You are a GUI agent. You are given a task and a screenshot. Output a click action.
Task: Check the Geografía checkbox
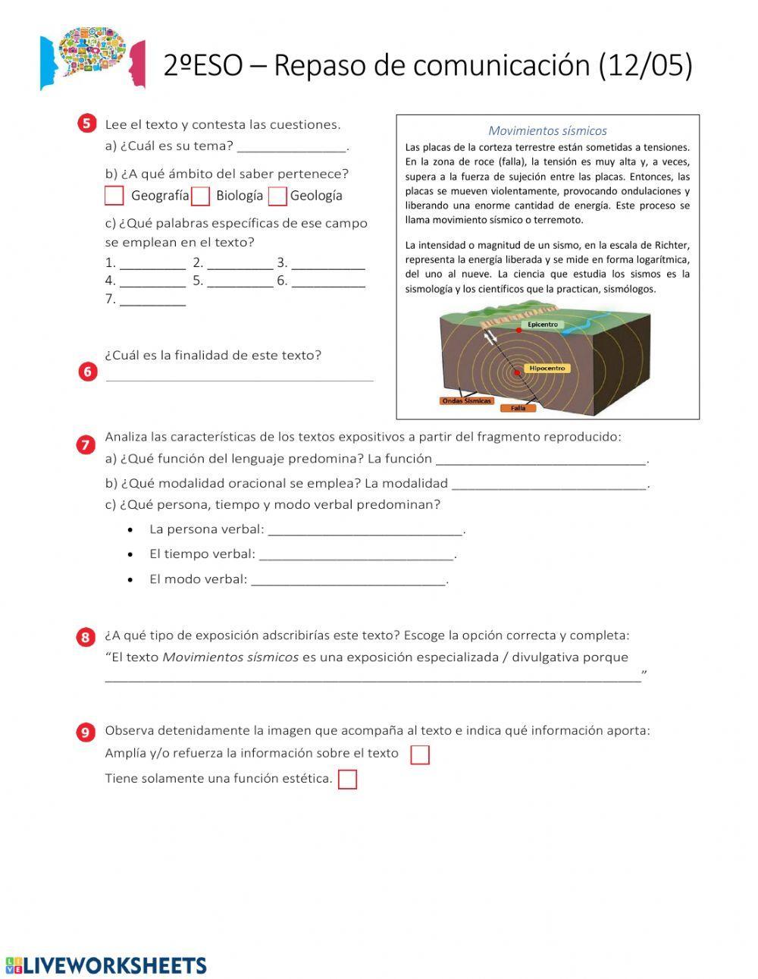(x=114, y=196)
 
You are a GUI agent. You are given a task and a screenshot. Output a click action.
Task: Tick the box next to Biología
(x=200, y=196)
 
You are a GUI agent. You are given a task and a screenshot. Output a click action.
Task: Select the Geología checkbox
(x=277, y=196)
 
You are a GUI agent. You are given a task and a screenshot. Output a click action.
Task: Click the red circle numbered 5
(x=87, y=124)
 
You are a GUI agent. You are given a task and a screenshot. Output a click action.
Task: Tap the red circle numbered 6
(x=87, y=372)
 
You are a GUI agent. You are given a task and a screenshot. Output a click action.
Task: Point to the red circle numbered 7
(x=85, y=445)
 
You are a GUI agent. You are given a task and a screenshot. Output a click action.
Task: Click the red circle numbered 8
(x=85, y=637)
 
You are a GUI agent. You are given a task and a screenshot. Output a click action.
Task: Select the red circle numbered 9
(x=85, y=732)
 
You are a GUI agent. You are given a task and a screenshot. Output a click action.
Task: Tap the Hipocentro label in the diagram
(x=547, y=368)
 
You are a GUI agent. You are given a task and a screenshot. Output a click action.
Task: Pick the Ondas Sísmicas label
(x=466, y=401)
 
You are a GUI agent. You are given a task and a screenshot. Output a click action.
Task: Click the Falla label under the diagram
(x=518, y=408)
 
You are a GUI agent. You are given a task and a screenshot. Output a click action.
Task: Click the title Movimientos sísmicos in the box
(x=547, y=130)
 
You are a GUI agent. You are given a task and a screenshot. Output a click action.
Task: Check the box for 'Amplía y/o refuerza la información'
(x=419, y=755)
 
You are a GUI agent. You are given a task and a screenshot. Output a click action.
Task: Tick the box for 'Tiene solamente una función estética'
(x=347, y=780)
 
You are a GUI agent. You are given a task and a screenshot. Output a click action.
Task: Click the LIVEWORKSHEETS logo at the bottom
(x=106, y=965)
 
